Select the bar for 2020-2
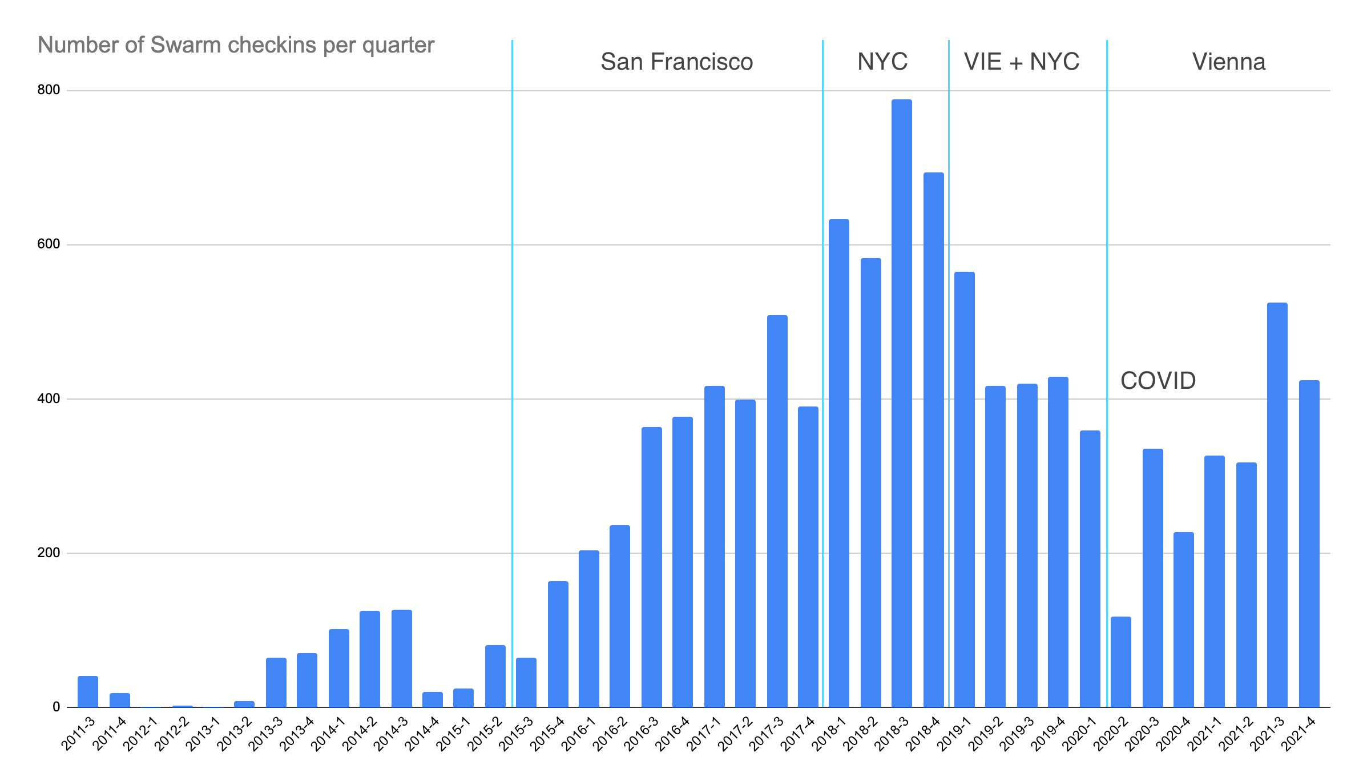tap(1120, 662)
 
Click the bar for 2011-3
tap(88, 691)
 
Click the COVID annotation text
tap(1158, 381)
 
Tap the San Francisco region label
tap(676, 62)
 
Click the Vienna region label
tap(1228, 62)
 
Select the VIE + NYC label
tap(1021, 62)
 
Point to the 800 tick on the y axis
tap(49, 90)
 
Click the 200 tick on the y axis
tap(49, 553)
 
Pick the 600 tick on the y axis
tap(49, 244)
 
